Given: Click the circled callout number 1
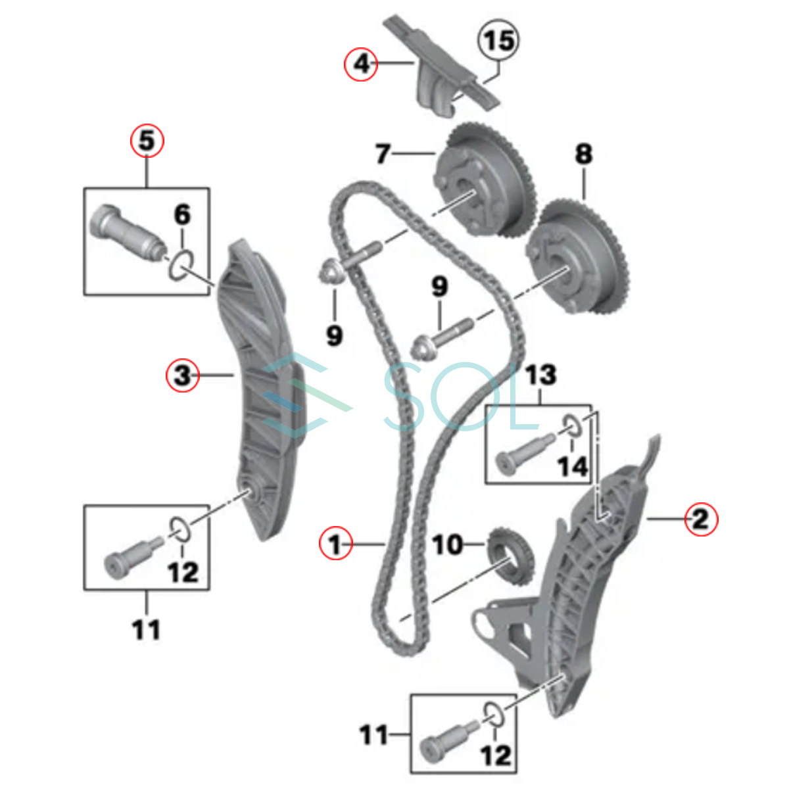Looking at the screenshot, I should (335, 544).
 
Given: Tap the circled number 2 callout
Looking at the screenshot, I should (701, 519).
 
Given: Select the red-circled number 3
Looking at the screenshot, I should (182, 375).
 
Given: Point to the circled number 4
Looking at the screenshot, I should (362, 64).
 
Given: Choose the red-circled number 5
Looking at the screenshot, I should (147, 141).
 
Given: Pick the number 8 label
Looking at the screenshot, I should (583, 154).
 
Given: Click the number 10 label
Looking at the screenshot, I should (447, 544).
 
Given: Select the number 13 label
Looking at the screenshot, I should (540, 375).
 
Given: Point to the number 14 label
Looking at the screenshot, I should (572, 467).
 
